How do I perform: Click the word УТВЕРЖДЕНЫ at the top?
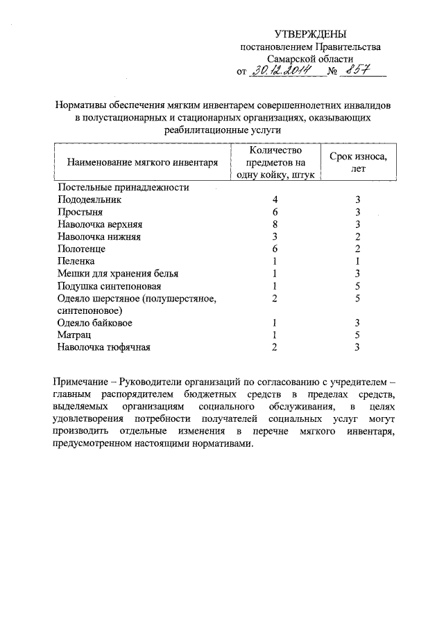[x=310, y=34]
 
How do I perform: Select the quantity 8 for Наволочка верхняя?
[x=275, y=224]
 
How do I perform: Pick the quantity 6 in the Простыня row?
[x=275, y=211]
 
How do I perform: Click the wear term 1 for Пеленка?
[x=358, y=261]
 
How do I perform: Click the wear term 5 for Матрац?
[x=358, y=335]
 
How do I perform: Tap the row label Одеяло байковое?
[x=95, y=323]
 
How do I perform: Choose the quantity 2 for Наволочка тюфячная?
[x=275, y=348]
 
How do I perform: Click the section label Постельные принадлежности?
[x=123, y=187]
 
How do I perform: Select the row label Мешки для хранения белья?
[x=118, y=274]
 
